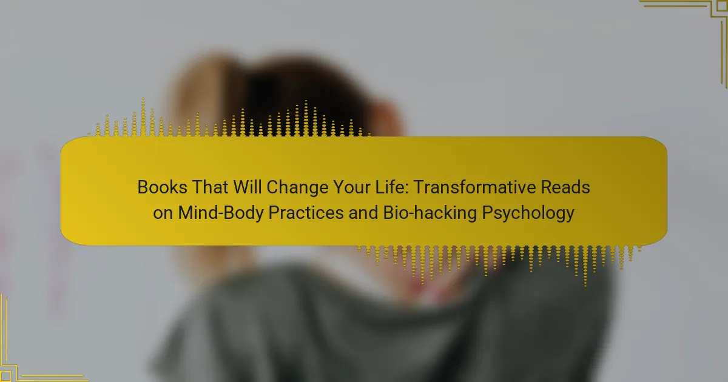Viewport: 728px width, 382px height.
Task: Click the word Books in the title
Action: (162, 187)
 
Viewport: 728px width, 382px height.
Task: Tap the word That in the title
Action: (210, 187)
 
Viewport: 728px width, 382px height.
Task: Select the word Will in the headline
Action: (248, 187)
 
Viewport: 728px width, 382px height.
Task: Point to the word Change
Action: (297, 188)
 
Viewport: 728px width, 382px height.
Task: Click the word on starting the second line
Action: (163, 213)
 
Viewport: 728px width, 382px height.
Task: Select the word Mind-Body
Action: (221, 213)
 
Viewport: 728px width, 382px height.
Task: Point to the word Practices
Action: (306, 213)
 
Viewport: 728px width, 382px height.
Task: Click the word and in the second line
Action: (363, 213)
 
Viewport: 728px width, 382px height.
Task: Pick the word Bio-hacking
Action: (430, 213)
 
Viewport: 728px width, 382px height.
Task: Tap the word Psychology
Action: (528, 213)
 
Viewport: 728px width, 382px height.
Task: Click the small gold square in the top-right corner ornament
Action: (722, 7)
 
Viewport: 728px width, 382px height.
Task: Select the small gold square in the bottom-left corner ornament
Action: (5, 375)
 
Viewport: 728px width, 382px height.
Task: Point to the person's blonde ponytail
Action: (208, 98)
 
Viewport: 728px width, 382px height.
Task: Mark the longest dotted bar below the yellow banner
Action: (585, 266)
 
